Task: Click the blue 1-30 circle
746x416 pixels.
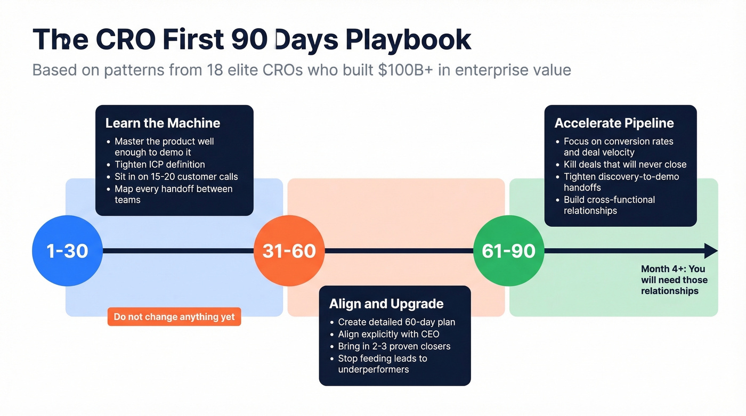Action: [67, 251]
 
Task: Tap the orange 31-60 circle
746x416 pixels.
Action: [289, 251]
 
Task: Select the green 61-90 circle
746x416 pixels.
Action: [508, 251]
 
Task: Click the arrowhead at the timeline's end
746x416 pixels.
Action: [711, 251]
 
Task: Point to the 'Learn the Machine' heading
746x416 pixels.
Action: [163, 123]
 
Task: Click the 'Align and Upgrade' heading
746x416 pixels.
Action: [386, 304]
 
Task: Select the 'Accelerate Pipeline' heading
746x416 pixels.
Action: [614, 123]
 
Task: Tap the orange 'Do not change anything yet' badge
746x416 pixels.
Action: [174, 317]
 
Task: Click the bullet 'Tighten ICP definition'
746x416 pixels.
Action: [160, 165]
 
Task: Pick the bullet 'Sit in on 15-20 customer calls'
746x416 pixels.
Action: [176, 176]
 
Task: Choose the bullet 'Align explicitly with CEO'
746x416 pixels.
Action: [388, 334]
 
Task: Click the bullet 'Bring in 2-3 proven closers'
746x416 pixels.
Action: [394, 346]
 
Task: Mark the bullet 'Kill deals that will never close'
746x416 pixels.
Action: [625, 165]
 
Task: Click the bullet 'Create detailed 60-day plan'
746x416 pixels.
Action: [396, 322]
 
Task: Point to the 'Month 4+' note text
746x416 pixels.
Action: [674, 280]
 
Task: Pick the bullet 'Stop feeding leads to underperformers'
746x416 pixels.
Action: [382, 364]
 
